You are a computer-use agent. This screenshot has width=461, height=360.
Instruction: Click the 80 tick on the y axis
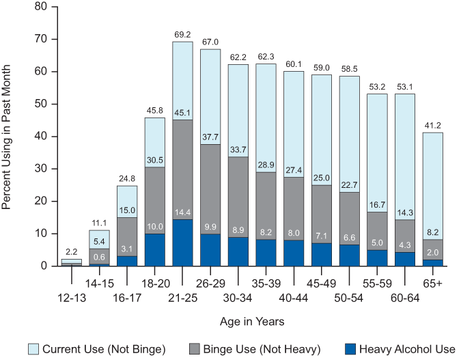click(42, 7)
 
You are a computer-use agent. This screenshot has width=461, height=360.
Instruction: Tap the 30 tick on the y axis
click(42, 169)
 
